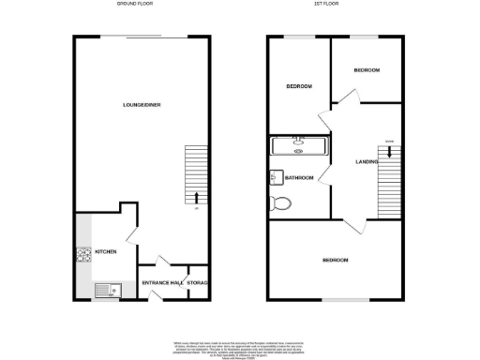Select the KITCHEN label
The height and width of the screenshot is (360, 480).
(x=105, y=252)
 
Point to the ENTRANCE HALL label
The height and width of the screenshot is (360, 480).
(x=161, y=283)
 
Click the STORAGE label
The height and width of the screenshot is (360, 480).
(x=197, y=283)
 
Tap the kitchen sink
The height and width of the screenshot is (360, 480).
(x=104, y=291)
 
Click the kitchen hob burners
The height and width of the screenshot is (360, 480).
(x=82, y=254)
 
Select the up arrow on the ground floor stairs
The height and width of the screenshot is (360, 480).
(x=197, y=198)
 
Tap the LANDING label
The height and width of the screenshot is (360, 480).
(x=367, y=163)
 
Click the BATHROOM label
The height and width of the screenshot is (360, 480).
(x=299, y=178)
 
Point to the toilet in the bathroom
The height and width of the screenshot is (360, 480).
(x=279, y=203)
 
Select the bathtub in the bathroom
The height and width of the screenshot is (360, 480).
(x=297, y=145)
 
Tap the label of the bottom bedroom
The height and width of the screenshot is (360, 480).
(x=336, y=260)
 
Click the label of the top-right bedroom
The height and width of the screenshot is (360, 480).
(x=367, y=71)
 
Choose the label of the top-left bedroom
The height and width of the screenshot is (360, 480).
(x=298, y=87)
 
